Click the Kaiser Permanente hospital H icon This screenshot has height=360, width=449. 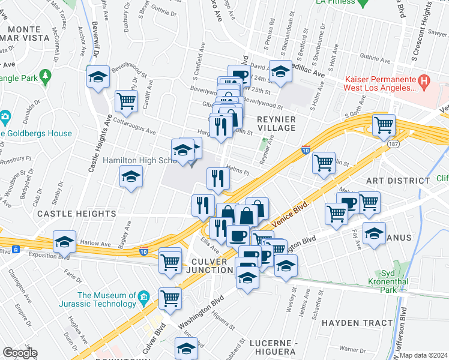tap(424, 80)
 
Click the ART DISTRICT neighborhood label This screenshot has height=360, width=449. tap(390, 181)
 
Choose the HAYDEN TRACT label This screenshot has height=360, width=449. tap(357, 323)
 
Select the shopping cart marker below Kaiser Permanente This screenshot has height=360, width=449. tap(384, 125)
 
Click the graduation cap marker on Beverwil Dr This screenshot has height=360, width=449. tap(98, 77)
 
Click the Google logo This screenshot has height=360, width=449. tap(20, 353)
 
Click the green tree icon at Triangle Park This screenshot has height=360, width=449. tap(45, 76)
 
